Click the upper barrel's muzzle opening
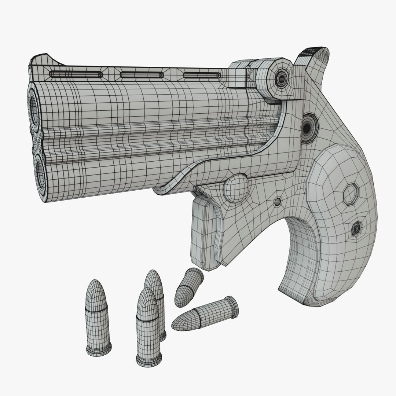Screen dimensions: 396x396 34,107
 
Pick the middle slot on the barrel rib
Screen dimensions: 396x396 141,75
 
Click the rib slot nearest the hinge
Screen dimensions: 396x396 202,75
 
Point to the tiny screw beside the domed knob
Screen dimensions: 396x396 278,201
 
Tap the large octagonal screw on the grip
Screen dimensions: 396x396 351,193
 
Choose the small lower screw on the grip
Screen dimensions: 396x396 356,229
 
